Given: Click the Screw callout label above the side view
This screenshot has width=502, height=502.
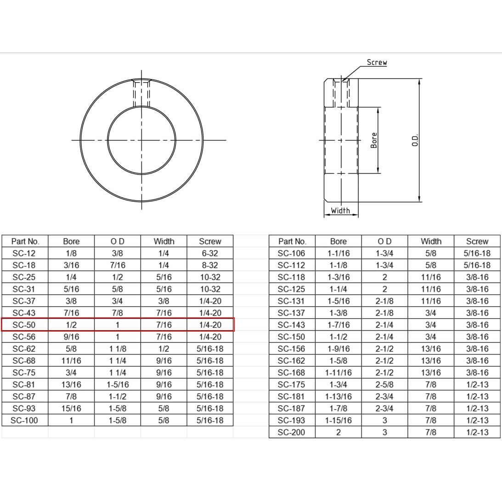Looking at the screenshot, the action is [x=377, y=62].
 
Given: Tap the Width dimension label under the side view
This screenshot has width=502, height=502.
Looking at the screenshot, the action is [x=340, y=210].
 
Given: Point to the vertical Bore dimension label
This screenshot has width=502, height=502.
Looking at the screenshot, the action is [x=373, y=140].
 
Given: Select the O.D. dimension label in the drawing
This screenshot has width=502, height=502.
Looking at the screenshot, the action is [x=415, y=140].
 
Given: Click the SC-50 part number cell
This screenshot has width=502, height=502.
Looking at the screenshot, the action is [x=24, y=325].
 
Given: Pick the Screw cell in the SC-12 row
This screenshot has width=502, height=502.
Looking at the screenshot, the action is [x=210, y=253].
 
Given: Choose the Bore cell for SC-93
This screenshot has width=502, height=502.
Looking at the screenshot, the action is [x=71, y=408].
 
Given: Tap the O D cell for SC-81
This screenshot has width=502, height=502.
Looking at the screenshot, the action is [x=118, y=384].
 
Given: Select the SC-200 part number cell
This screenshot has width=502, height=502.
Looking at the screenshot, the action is [x=291, y=432].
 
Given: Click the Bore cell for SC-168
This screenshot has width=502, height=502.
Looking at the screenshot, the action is [x=338, y=372].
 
